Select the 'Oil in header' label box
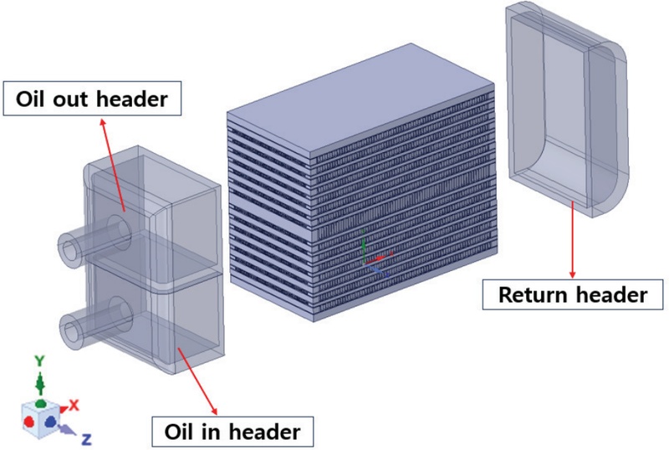click(227, 432)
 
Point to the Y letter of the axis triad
click(38, 361)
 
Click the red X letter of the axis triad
click(74, 405)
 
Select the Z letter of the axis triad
click(87, 437)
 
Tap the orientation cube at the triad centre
click(41, 414)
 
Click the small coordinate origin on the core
click(368, 256)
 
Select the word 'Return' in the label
click(534, 294)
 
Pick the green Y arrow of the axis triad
click(38, 384)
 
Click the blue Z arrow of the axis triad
click(67, 426)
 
